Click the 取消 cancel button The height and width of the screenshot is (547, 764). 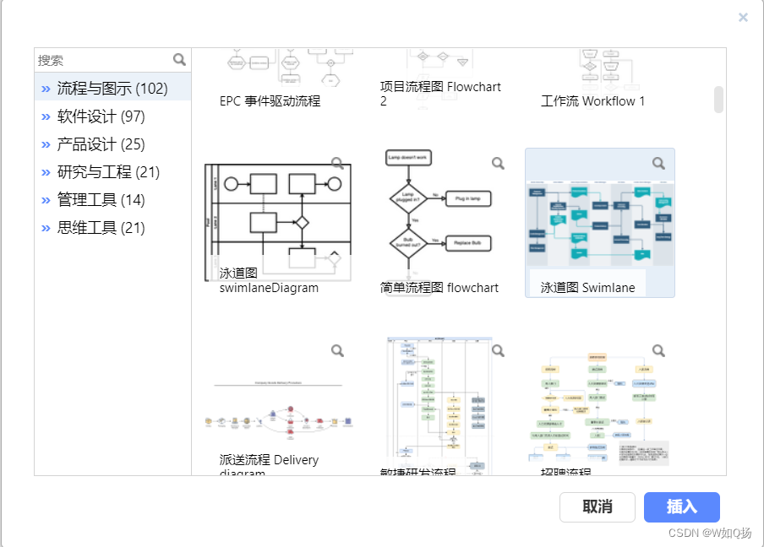click(597, 507)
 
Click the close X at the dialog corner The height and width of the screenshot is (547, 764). click(743, 17)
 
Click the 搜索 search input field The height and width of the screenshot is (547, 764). click(101, 60)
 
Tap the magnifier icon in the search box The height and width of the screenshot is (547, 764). click(179, 59)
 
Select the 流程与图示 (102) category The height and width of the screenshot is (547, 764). click(112, 89)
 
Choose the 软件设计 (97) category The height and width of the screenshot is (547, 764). click(101, 116)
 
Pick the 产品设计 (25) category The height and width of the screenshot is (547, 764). click(101, 144)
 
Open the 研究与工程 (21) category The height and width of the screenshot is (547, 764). click(108, 172)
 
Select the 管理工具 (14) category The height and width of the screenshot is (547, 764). click(101, 200)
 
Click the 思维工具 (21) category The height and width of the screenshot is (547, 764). click(101, 228)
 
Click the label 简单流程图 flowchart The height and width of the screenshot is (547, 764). click(439, 288)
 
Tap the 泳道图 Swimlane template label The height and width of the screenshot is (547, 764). click(588, 288)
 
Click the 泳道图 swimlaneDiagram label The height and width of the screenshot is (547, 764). click(269, 281)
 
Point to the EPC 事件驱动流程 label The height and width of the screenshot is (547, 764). click(270, 101)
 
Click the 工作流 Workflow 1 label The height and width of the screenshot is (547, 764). click(593, 101)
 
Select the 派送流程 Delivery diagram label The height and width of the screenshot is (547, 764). click(269, 465)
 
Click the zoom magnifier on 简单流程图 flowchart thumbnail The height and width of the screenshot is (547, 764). click(498, 163)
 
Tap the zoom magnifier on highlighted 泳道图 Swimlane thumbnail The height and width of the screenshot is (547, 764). click(658, 163)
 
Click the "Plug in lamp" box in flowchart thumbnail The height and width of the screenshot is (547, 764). click(468, 198)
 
